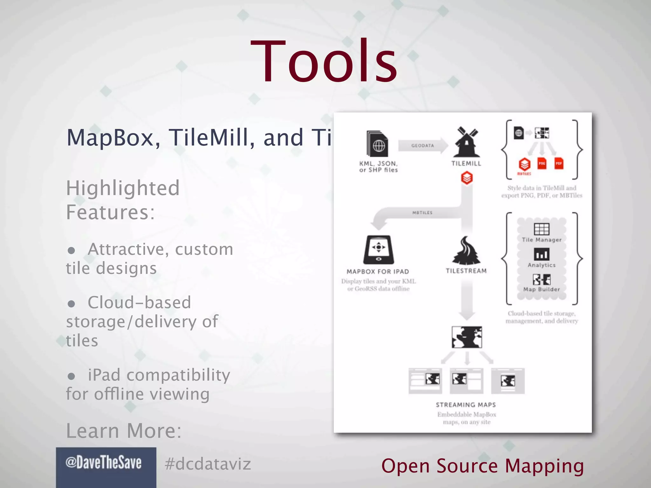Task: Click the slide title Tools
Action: (324, 61)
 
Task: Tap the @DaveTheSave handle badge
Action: (104, 463)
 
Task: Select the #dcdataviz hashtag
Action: (208, 464)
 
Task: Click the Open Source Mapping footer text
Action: (483, 466)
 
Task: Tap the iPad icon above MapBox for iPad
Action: (378, 250)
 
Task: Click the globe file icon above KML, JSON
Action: (378, 144)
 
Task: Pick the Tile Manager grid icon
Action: (542, 229)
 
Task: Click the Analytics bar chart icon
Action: (542, 254)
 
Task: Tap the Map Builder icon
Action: (542, 280)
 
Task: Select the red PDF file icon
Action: (559, 163)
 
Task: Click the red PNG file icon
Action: (542, 163)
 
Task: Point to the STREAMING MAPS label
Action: (466, 405)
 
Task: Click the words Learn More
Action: (124, 431)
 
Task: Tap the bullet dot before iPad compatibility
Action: (72, 376)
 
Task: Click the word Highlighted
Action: (123, 188)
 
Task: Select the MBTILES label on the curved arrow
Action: (422, 213)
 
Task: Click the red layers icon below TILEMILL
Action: (467, 178)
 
